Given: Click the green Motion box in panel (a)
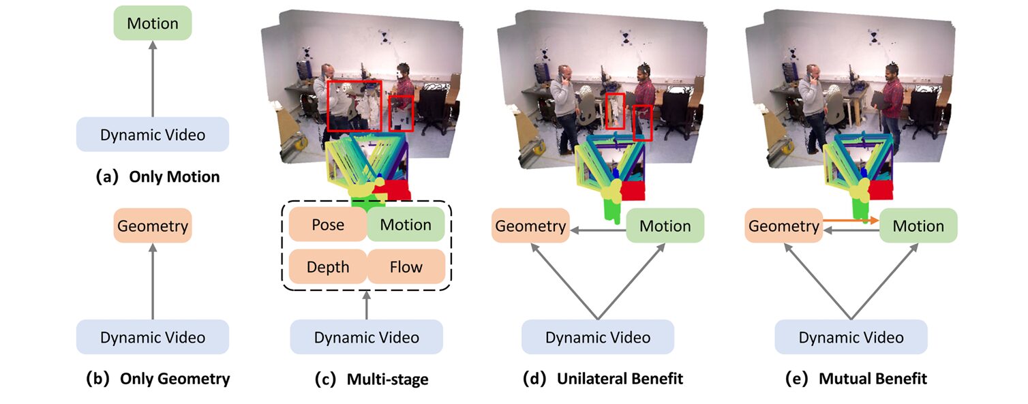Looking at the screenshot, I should [x=153, y=23].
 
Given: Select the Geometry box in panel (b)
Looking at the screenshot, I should [x=153, y=226].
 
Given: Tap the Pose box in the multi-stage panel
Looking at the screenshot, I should [x=328, y=225].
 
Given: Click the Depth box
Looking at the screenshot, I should [x=328, y=266].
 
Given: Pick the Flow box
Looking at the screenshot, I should [x=406, y=266].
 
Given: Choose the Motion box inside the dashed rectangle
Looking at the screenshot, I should [x=406, y=225].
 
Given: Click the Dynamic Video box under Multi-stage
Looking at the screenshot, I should [x=367, y=337].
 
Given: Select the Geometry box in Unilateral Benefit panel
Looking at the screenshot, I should [x=530, y=226].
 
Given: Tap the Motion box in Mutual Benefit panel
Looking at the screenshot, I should [x=918, y=226].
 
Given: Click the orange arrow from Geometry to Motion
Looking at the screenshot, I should [x=849, y=220].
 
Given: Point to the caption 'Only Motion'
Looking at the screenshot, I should [x=170, y=177].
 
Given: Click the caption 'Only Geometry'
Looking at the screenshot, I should [x=175, y=378].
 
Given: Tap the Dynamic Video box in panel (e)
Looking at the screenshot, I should [x=851, y=337].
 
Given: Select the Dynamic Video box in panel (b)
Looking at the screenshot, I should [x=153, y=337].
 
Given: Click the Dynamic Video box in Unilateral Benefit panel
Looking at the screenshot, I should [x=598, y=337].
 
